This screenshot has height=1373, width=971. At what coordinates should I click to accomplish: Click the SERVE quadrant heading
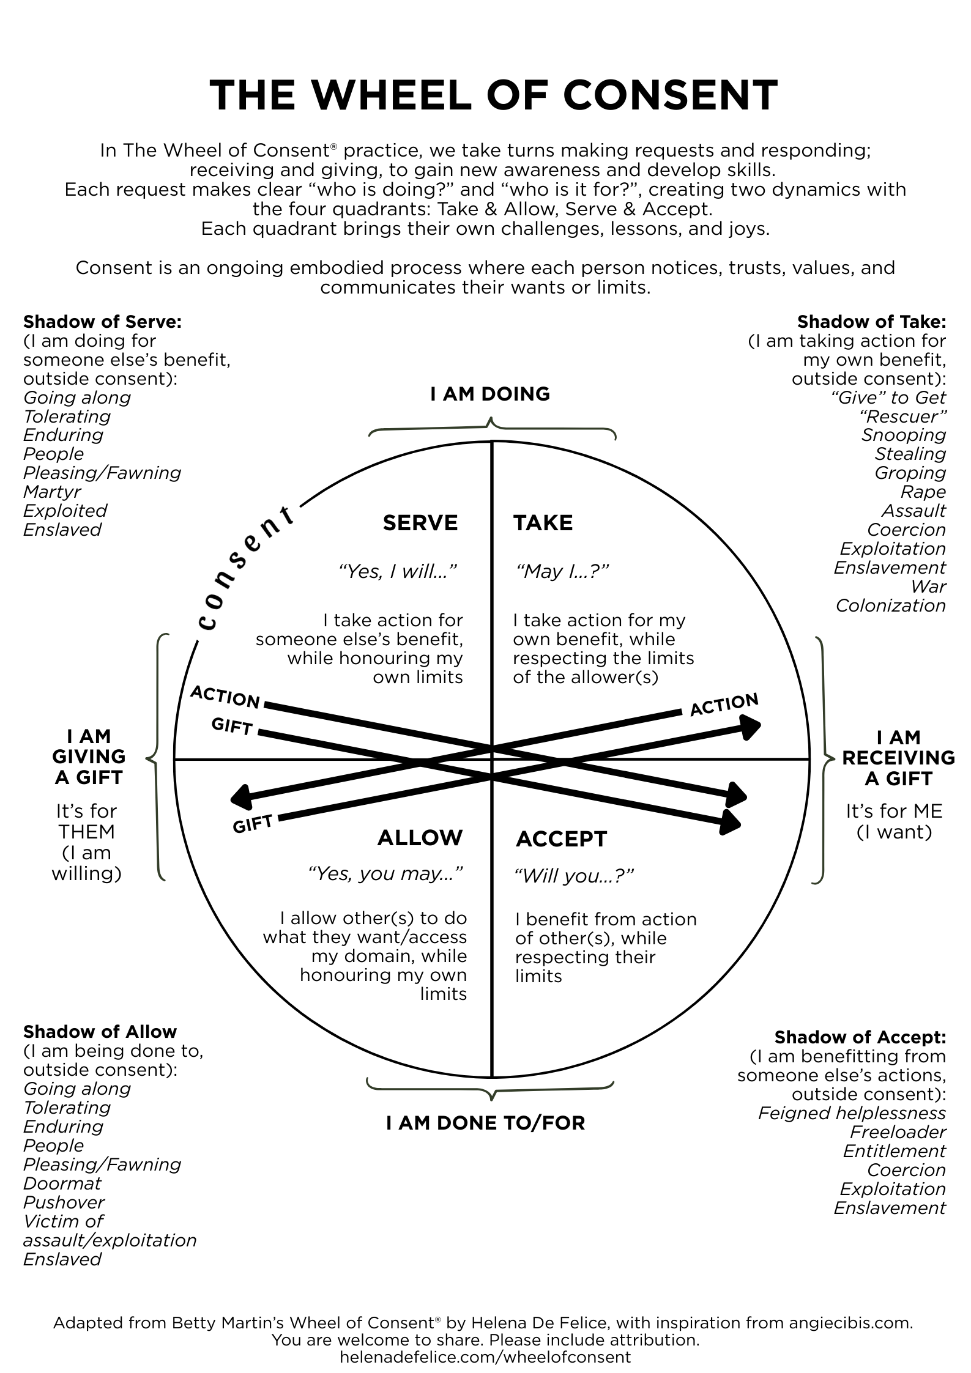[420, 523]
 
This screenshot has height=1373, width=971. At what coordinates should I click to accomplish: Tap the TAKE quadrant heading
[543, 523]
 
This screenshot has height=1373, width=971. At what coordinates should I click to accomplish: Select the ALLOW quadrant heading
[420, 837]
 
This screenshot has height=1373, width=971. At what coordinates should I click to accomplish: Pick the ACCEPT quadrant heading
[561, 839]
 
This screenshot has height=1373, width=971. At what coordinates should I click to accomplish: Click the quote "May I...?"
[562, 571]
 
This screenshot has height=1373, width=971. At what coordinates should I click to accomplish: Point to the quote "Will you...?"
[574, 876]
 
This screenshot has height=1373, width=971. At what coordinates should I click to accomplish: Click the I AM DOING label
[490, 394]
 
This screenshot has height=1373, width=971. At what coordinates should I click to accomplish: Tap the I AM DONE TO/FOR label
[486, 1123]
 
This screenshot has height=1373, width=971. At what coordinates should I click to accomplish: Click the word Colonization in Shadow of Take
[890, 605]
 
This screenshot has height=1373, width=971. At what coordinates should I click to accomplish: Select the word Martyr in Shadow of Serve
[52, 492]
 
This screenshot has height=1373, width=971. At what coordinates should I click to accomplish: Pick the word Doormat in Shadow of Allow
[62, 1183]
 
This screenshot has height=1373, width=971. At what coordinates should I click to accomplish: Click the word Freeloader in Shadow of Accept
[898, 1132]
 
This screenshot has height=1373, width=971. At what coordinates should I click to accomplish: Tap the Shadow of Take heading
[871, 322]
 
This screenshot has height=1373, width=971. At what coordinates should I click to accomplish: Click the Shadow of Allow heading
[100, 1032]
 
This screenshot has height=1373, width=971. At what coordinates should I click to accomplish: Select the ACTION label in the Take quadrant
[724, 705]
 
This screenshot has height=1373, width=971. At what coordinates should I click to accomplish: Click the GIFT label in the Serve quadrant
[232, 727]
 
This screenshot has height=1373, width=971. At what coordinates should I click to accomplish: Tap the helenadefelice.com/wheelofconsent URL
[485, 1358]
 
